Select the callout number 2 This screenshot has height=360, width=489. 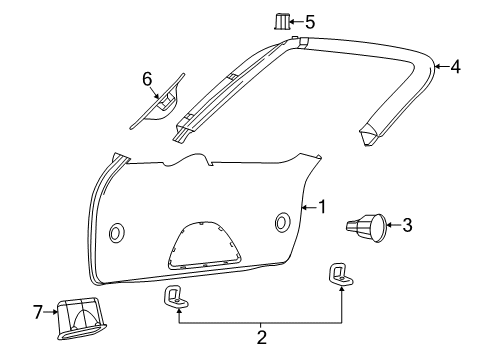click(x=261, y=339)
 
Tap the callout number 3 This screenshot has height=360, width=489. click(x=406, y=225)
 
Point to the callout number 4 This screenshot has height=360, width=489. click(x=455, y=67)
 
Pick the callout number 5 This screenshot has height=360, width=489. click(x=309, y=20)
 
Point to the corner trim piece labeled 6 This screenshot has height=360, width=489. click(x=161, y=100)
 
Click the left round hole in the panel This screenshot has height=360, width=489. click(x=117, y=233)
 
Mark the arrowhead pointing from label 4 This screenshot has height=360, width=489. click(x=437, y=67)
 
